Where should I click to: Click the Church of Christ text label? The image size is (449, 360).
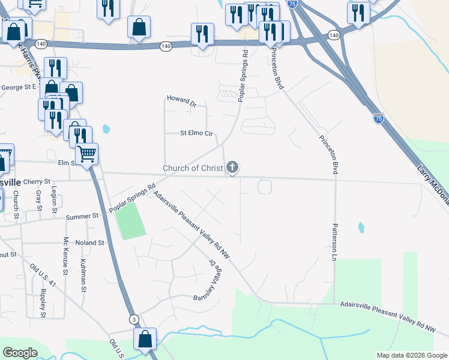point(193,168)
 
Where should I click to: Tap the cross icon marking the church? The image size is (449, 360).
point(232,167)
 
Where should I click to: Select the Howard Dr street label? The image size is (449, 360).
point(181,100)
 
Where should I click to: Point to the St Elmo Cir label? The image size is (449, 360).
point(197,133)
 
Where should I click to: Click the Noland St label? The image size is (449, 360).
point(90,243)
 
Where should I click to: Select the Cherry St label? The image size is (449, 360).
point(36,181)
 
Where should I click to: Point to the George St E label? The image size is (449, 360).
point(19,87)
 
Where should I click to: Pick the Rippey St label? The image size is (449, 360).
point(43,303)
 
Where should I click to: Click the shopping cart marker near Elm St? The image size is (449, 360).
point(87,154)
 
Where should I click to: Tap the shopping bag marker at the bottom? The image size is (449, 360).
point(145,339)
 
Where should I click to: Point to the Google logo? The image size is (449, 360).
point(20,353)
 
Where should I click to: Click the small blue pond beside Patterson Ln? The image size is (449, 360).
point(361,227)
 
